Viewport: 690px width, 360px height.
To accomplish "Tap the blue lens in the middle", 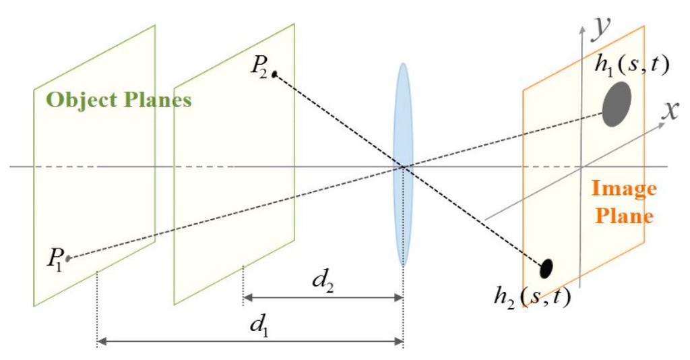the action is pyautogui.click(x=403, y=164).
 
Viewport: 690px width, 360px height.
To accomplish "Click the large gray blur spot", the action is pyautogui.click(x=617, y=104).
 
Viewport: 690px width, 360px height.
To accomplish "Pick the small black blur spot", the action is pyautogui.click(x=546, y=268).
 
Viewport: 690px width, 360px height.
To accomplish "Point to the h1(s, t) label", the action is pyautogui.click(x=631, y=65).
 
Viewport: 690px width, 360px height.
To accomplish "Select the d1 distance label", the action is pyautogui.click(x=256, y=326).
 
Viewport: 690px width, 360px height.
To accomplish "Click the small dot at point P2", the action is pyautogui.click(x=274, y=74).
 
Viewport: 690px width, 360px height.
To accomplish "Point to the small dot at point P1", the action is pyautogui.click(x=68, y=258).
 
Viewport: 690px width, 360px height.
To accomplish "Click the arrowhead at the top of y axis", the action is pyautogui.click(x=580, y=26).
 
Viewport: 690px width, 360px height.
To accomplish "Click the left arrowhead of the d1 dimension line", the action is pyautogui.click(x=101, y=342).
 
